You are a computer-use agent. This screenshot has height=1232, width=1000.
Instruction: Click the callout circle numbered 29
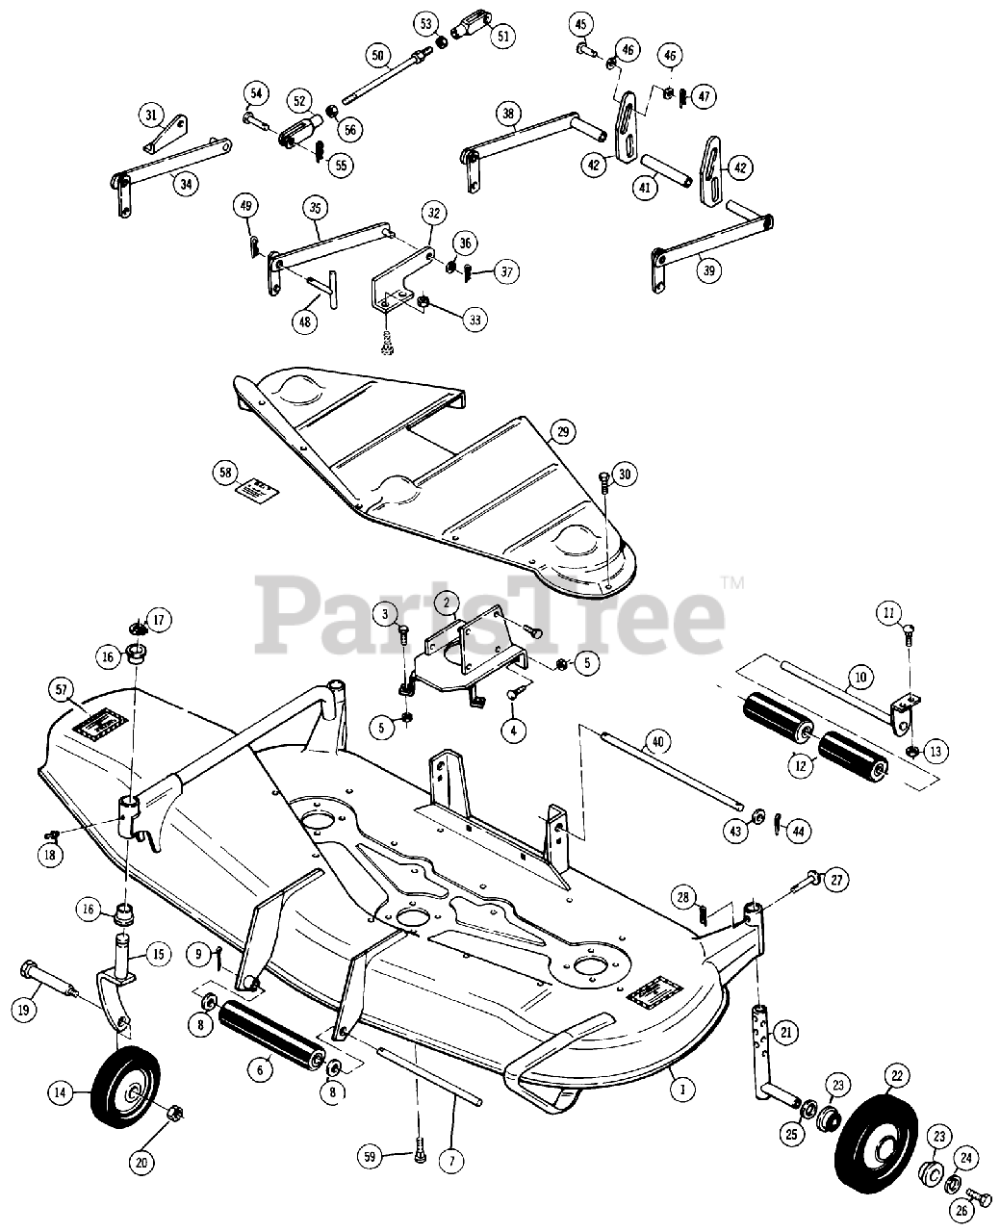click(x=565, y=432)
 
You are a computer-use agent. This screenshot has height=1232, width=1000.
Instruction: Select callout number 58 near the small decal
click(x=224, y=473)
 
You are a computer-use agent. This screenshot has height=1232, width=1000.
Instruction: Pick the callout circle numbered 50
click(x=376, y=57)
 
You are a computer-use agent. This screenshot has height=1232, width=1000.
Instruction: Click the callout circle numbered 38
click(x=507, y=113)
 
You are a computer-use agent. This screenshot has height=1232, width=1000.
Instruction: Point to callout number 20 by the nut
click(x=142, y=1163)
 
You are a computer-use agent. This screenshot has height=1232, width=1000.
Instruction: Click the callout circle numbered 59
click(x=371, y=1156)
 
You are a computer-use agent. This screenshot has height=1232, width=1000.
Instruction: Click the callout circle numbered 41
click(x=645, y=188)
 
